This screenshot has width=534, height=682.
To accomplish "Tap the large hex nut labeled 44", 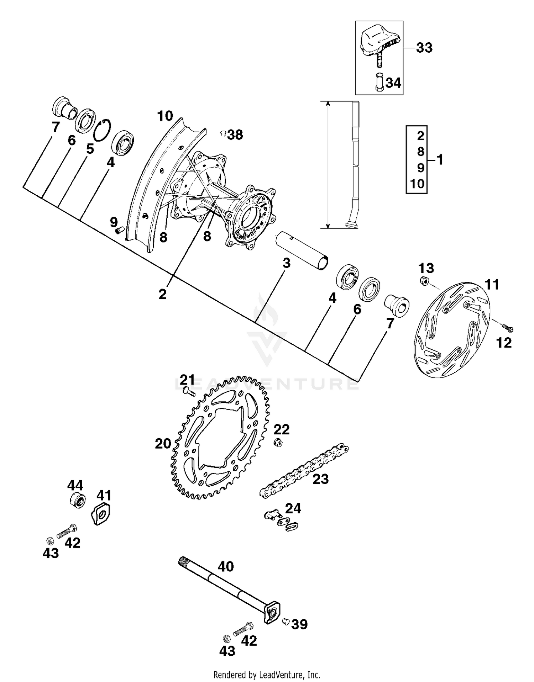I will tap(77, 501).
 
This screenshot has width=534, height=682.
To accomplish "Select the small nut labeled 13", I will tap(424, 280).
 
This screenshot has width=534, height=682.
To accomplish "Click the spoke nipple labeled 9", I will tap(119, 231).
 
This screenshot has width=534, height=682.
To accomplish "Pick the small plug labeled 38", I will tap(223, 133).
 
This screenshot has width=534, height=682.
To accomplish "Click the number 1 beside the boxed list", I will tap(440, 160).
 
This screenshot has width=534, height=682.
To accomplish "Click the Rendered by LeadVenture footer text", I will tap(267, 674).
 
